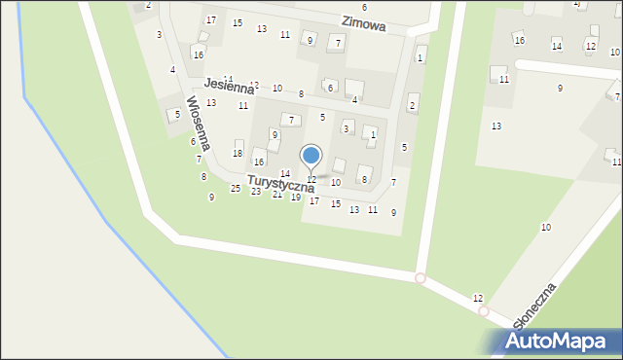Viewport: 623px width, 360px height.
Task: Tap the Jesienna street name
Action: [229, 88]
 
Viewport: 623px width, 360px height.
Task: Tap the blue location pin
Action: [311, 156]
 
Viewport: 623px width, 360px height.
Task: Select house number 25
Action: [235, 188]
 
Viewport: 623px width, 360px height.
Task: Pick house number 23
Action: [256, 192]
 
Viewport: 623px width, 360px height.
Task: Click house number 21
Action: [276, 195]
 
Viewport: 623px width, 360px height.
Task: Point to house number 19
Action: [296, 198]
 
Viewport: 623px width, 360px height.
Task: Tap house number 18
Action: [238, 154]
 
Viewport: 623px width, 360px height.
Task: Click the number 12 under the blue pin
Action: [311, 179]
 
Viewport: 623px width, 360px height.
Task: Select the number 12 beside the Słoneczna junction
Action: [477, 298]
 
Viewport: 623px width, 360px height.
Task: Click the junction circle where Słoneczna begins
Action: [483, 311]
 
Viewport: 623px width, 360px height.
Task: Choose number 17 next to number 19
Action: [313, 201]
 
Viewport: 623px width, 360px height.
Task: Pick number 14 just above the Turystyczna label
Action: [284, 173]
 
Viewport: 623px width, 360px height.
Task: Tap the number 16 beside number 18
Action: [259, 162]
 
